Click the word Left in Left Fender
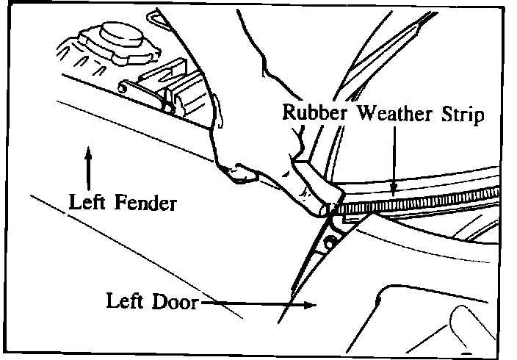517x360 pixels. (84, 201)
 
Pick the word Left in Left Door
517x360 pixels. (124, 302)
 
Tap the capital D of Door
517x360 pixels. (158, 302)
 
